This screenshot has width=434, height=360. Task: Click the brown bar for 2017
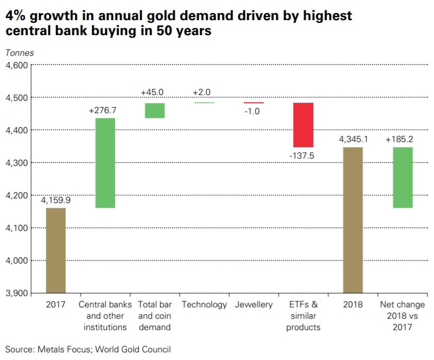pos(56,250)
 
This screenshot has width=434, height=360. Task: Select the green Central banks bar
pos(105,163)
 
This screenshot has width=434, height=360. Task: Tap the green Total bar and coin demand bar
pos(155,111)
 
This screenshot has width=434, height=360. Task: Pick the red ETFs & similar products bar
pos(303,125)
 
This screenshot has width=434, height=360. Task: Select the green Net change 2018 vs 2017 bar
pos(403,178)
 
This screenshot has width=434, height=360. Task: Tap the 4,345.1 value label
pos(353,139)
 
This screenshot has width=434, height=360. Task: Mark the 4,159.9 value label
pos(56,200)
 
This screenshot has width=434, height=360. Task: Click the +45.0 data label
pos(152,92)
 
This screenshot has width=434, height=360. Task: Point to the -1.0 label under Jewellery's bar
pos(253,111)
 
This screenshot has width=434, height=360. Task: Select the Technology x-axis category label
pos(204,305)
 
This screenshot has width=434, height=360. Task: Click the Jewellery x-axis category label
pos(253,305)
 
